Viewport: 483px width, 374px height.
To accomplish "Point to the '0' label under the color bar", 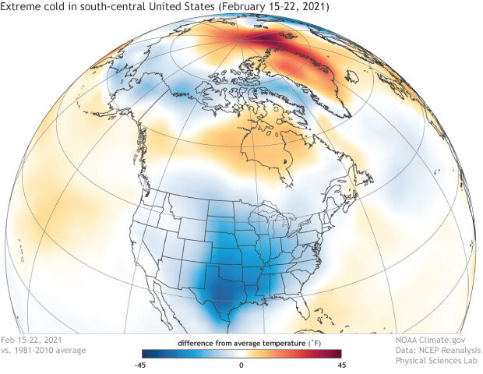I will [x=241, y=365].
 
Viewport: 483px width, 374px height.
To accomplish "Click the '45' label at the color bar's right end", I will [x=340, y=365].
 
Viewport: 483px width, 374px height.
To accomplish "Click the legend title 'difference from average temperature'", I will [x=236, y=343].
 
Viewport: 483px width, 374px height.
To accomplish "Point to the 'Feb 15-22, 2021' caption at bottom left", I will [x=32, y=340].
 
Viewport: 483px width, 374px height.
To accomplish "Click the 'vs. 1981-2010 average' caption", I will [x=44, y=351].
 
